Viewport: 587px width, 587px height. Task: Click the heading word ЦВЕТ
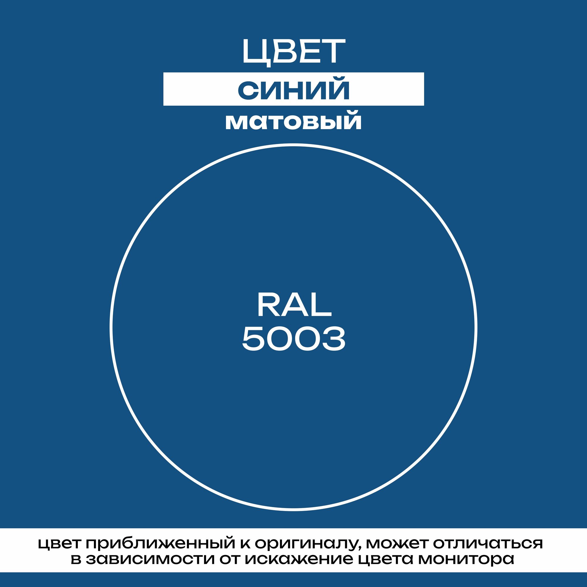(293, 51)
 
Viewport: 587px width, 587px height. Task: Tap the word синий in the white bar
(293, 90)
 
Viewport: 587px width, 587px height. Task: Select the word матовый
(293, 122)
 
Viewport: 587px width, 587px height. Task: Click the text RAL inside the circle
(294, 305)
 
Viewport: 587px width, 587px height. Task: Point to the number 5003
(293, 339)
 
